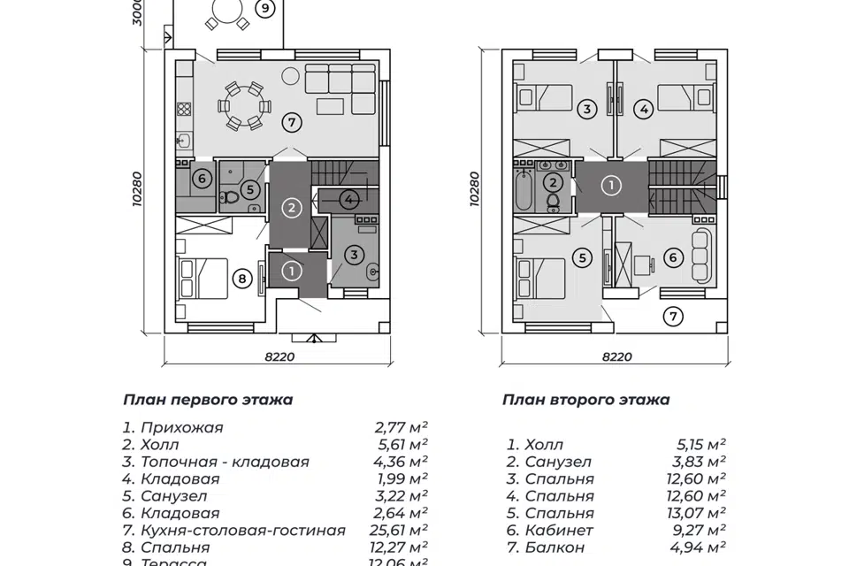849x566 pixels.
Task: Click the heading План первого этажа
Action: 208,400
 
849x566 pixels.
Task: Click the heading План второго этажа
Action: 585,400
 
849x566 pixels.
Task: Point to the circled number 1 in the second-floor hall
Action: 611,187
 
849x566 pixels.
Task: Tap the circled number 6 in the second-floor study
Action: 672,258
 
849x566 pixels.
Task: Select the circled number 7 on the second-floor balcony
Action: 674,315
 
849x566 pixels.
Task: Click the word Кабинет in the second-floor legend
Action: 559,531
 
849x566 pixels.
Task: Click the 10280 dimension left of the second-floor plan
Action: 478,188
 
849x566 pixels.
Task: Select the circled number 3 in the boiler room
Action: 355,256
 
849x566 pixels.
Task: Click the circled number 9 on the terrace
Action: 265,8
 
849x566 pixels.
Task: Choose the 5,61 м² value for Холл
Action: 402,445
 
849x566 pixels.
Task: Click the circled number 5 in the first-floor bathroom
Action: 250,188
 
